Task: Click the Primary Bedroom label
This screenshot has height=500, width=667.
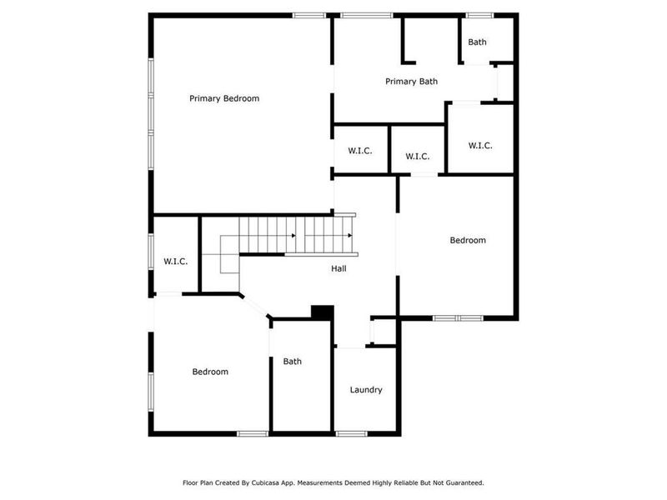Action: click(x=223, y=98)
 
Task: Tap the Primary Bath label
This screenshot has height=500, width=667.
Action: click(x=411, y=82)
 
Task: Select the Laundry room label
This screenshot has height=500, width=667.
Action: click(x=366, y=390)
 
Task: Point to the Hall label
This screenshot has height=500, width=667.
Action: click(x=339, y=268)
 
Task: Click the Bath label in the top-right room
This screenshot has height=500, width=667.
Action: click(x=477, y=42)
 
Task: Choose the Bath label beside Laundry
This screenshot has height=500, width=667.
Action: click(x=292, y=362)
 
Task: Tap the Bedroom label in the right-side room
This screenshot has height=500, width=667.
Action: click(x=467, y=241)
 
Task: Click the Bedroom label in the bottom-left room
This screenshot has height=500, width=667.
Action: click(x=210, y=372)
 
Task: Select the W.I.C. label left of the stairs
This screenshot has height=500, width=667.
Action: click(x=175, y=262)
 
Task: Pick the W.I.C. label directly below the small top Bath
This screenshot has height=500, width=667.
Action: click(x=480, y=146)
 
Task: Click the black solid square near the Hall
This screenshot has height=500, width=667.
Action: click(x=322, y=312)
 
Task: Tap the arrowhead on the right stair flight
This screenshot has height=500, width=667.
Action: click(x=350, y=236)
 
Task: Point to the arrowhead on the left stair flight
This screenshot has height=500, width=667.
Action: click(x=293, y=236)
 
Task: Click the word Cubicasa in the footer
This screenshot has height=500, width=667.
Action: click(x=273, y=482)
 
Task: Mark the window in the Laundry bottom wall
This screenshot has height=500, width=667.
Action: click(x=351, y=432)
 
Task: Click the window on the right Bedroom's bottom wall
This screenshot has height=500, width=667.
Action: click(x=458, y=317)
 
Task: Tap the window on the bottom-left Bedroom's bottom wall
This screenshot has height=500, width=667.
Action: click(x=251, y=432)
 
